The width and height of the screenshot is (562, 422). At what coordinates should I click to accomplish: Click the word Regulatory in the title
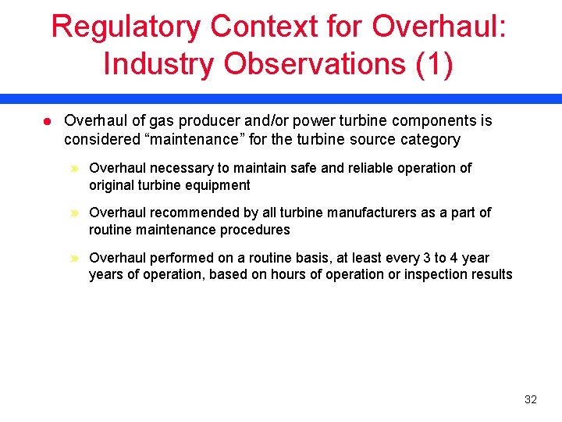(x=125, y=27)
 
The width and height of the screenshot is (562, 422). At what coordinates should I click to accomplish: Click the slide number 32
(x=531, y=399)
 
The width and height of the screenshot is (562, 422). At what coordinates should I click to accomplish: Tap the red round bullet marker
(x=46, y=122)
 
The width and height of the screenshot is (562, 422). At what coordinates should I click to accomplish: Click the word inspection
(x=433, y=274)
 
